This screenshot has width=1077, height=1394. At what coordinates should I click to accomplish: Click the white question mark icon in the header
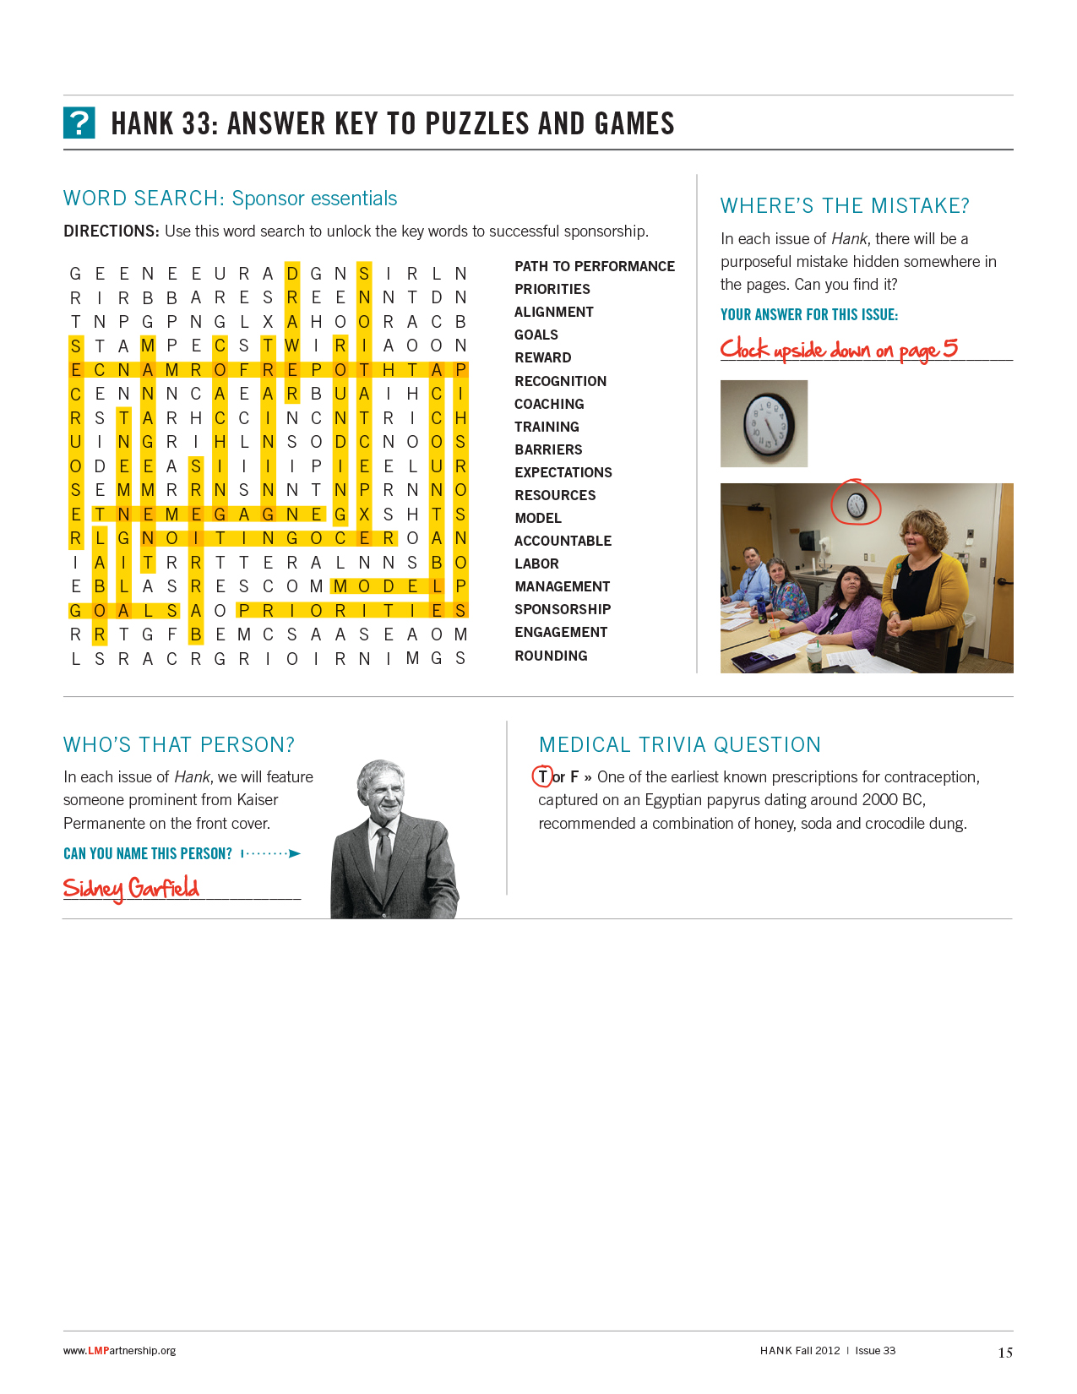79,123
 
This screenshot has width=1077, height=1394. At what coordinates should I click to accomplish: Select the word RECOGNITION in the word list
560,381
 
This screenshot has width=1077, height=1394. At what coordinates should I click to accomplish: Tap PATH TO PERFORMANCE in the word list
594,266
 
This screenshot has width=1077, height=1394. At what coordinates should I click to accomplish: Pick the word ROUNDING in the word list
551,656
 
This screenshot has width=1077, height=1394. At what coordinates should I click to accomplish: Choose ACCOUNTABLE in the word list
563,541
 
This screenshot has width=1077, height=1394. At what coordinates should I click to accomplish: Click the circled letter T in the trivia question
542,776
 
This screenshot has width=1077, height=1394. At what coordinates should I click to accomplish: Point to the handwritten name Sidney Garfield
131,888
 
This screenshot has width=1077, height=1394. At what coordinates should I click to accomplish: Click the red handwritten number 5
950,347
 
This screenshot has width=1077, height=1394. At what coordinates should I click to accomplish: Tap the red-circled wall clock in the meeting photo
856,504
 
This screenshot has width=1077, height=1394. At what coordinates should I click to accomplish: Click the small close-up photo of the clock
764,423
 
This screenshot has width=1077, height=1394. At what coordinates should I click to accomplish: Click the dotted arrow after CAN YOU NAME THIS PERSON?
271,853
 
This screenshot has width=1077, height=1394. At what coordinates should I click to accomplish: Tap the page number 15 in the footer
1004,1353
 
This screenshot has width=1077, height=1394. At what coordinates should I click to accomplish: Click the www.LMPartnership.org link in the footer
119,1351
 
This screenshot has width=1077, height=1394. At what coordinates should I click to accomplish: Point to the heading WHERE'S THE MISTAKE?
845,205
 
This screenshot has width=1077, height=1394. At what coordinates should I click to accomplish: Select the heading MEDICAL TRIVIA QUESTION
679,744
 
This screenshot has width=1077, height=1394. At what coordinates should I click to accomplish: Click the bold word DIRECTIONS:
112,231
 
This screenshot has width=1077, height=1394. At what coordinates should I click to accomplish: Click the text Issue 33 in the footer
875,1351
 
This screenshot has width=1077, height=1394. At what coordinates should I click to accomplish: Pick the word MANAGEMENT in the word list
562,586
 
